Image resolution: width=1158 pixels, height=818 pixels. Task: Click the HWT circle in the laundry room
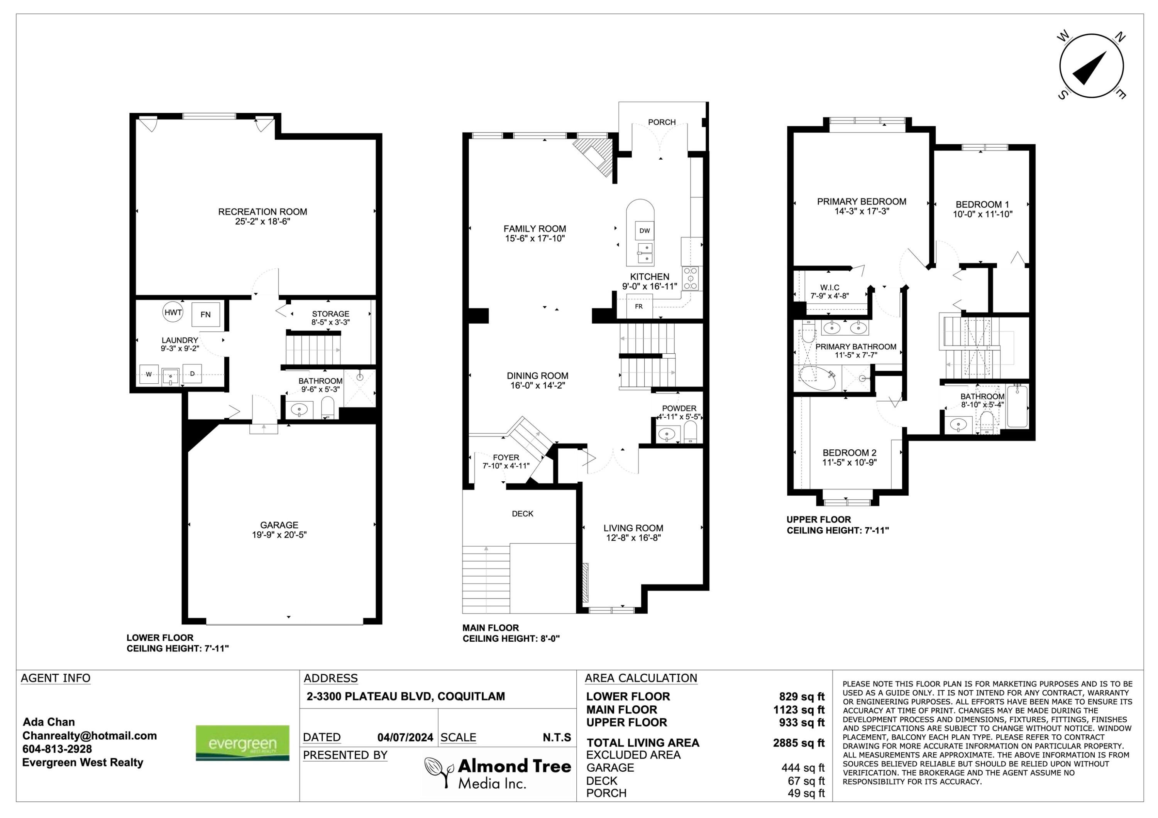[173, 312]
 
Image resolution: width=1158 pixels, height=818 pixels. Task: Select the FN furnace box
[206, 314]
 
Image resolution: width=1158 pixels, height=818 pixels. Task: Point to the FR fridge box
[639, 307]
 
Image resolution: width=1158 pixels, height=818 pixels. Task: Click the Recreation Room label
[262, 212]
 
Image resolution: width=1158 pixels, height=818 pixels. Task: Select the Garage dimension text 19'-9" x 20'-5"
[279, 535]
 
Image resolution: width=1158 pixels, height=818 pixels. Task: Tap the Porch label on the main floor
[662, 122]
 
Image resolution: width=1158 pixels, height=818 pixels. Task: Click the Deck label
[523, 514]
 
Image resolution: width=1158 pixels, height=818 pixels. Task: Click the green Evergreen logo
[242, 743]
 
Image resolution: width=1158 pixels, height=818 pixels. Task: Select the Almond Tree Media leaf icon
[439, 772]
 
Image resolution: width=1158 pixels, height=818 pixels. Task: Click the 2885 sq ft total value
[799, 743]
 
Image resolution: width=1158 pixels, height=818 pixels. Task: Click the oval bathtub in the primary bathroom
[817, 378]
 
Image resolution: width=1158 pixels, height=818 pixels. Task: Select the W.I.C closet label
[830, 288]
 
